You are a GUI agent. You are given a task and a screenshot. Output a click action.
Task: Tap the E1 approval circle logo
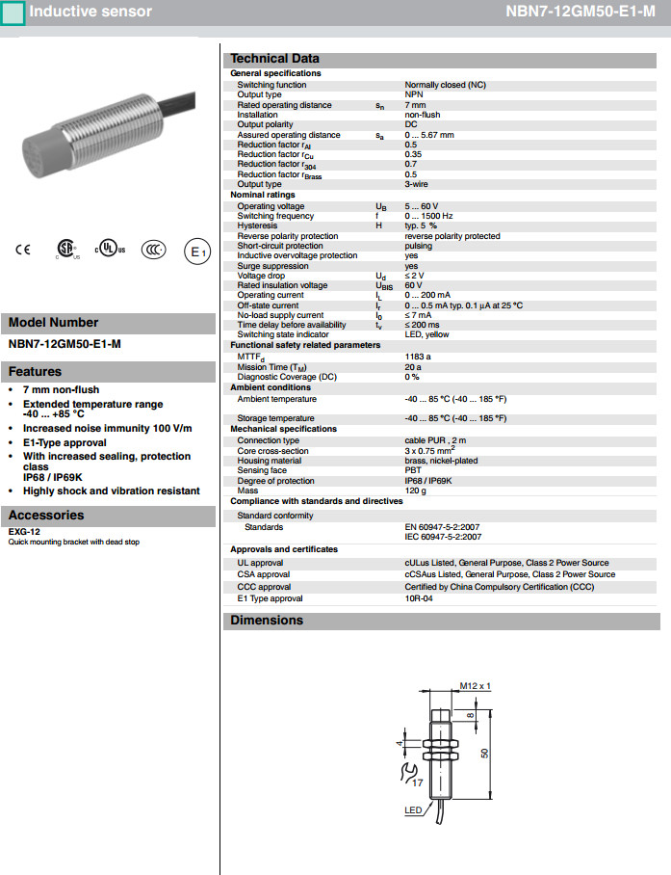coord(196,252)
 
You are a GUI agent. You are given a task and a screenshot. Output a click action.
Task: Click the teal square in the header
coord(13,12)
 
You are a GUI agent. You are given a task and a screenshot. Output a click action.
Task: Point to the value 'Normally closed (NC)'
coord(445,85)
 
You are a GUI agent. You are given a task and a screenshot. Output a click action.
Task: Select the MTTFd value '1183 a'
coord(418,356)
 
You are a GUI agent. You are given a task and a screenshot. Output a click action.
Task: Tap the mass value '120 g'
coord(415,490)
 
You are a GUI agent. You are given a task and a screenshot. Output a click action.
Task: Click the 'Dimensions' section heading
coord(267,621)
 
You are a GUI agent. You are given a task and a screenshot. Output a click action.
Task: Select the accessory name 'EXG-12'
coord(21,531)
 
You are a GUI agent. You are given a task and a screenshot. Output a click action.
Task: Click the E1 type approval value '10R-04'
coord(419,598)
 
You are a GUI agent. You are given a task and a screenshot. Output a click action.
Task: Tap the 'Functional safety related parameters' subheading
coord(305,345)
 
